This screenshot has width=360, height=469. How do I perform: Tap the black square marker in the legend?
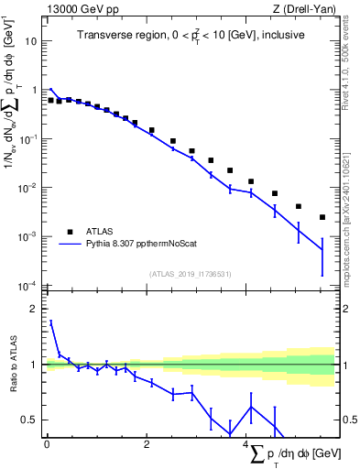click(70, 232)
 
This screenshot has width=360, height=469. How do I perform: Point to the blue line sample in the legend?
click(70, 245)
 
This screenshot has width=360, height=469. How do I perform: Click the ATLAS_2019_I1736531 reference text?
click(191, 274)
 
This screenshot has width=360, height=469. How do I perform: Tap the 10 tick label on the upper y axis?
click(31, 42)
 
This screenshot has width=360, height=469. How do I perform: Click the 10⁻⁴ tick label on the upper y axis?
click(29, 286)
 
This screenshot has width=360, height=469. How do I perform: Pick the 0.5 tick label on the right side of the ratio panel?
click(348, 420)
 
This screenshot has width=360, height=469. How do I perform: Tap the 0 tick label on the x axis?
click(47, 445)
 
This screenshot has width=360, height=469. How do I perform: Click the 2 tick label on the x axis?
click(147, 445)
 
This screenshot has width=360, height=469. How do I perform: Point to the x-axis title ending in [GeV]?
click(293, 455)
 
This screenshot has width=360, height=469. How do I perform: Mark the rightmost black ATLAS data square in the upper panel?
click(322, 217)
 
